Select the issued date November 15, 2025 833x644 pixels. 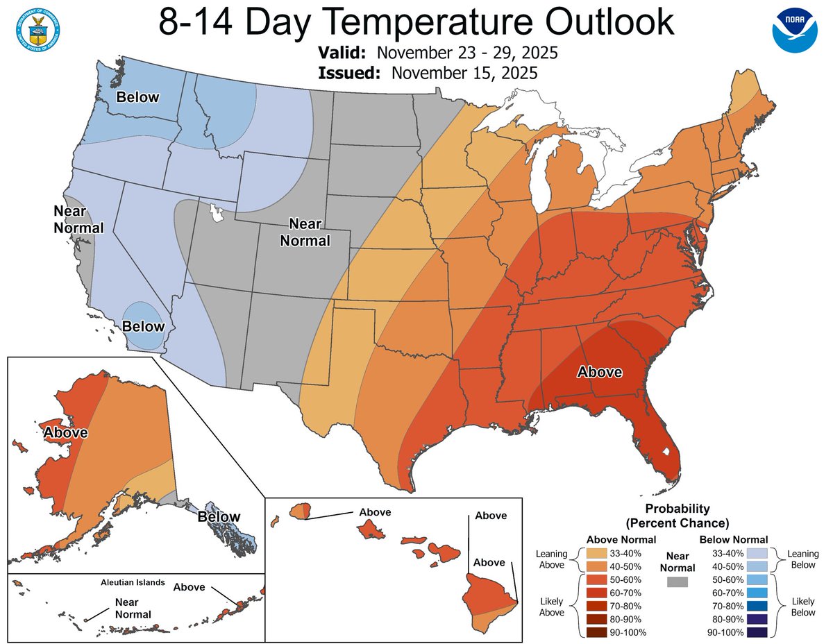coord(464,73)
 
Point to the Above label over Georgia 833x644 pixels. coord(600,372)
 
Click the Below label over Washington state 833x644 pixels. coord(137,96)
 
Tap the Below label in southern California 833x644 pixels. coord(144,325)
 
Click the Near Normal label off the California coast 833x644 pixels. coord(78,218)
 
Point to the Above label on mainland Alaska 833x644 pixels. coord(65,432)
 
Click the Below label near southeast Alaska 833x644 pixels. coord(218,516)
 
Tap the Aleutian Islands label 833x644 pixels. coord(131,582)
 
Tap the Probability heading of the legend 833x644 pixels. coord(677,509)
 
